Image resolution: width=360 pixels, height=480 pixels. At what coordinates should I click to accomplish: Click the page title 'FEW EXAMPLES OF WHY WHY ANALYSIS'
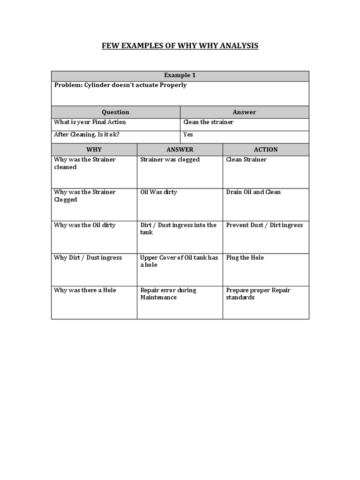click(180, 45)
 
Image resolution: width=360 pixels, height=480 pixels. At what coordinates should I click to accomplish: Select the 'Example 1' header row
click(180, 75)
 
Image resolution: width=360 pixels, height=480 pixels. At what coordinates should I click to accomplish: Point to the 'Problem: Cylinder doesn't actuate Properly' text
click(120, 85)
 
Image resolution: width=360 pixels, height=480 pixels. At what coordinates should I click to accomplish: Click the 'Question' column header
click(115, 112)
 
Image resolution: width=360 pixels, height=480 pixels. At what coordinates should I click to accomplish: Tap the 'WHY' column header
click(94, 150)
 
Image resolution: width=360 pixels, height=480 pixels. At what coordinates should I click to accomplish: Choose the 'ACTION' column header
click(266, 150)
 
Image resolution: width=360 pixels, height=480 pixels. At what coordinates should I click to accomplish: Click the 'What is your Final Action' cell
click(90, 122)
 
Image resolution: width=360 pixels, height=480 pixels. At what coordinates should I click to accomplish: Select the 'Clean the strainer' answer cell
click(208, 122)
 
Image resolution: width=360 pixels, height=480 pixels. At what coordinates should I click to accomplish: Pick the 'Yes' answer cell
click(188, 135)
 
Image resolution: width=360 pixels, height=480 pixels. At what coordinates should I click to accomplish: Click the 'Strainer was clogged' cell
click(170, 160)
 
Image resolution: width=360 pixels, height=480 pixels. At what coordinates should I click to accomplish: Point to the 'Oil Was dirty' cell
click(158, 192)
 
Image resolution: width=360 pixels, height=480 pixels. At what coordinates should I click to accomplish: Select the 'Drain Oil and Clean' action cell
click(253, 192)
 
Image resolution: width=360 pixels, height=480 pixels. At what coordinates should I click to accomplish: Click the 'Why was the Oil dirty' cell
click(84, 225)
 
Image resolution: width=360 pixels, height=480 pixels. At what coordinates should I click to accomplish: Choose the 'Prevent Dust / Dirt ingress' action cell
click(264, 225)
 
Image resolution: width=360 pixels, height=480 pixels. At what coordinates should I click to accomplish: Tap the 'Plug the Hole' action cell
click(245, 258)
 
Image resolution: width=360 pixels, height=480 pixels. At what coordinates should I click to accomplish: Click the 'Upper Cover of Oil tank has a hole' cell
click(179, 261)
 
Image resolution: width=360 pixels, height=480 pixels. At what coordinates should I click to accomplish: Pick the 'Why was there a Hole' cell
click(84, 290)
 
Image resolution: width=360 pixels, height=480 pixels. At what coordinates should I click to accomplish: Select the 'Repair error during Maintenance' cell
click(168, 293)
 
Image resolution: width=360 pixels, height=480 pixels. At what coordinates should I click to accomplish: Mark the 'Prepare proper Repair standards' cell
click(258, 293)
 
